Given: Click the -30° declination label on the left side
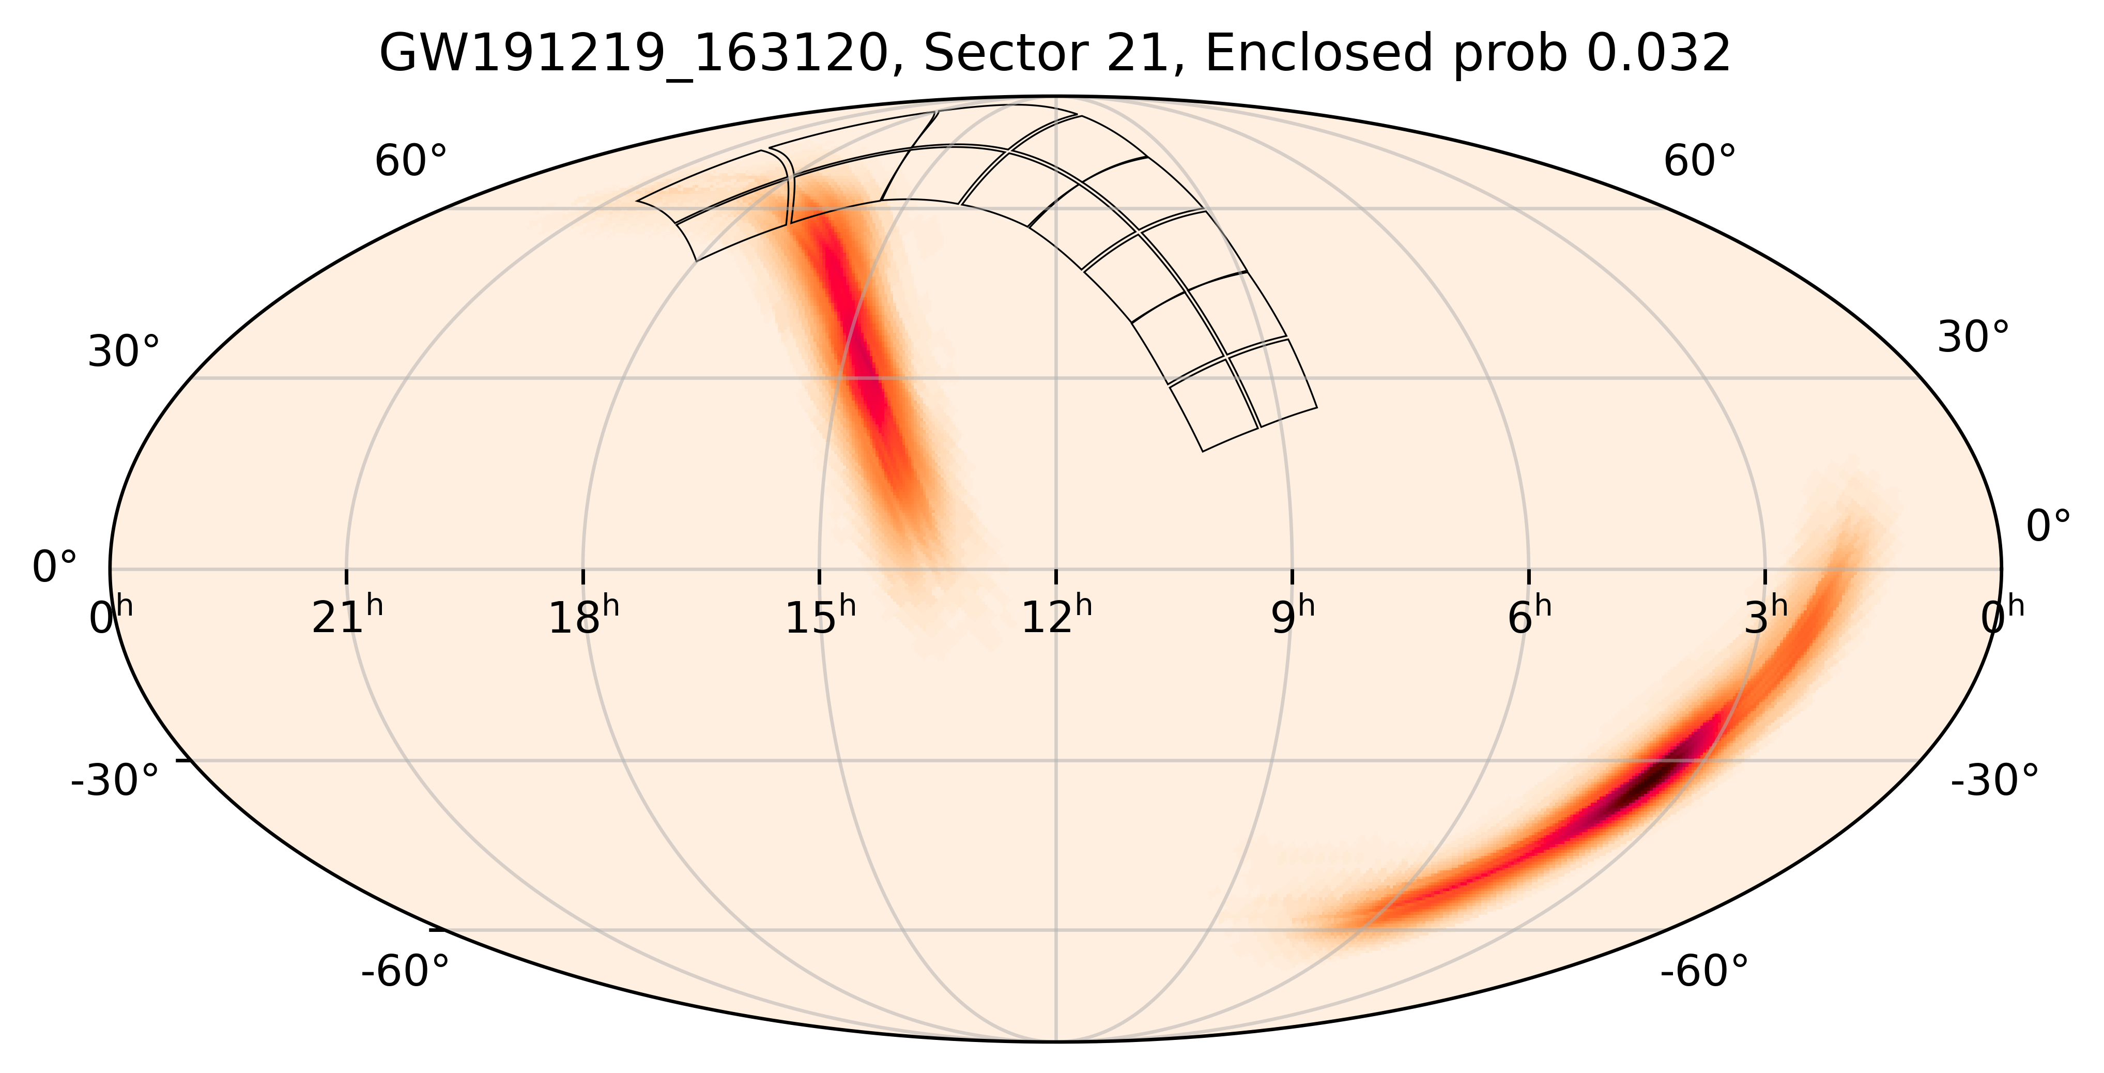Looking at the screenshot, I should pyautogui.click(x=114, y=781).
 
